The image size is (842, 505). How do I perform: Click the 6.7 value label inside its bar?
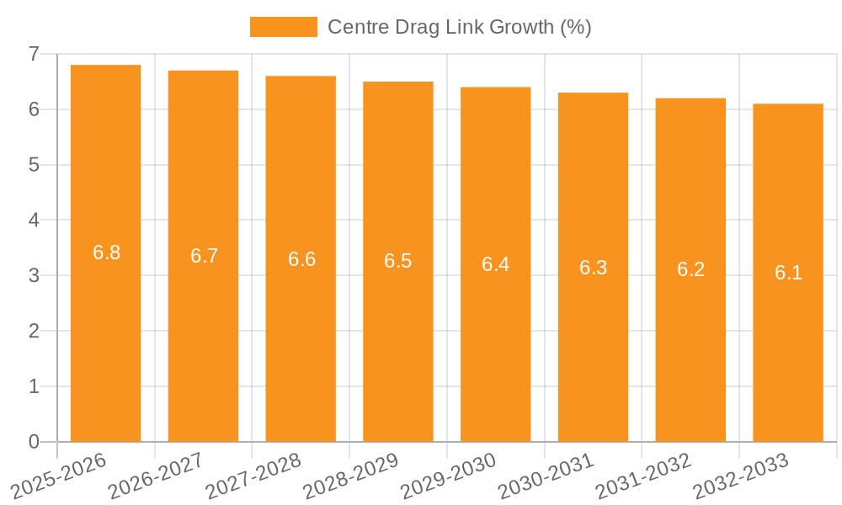pyautogui.click(x=204, y=256)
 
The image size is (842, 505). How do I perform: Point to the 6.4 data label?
pyautogui.click(x=495, y=264)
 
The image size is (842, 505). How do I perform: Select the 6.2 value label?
pyautogui.click(x=690, y=269)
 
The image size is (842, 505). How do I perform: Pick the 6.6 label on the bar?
pyautogui.click(x=301, y=259)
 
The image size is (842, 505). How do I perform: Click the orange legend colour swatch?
pyautogui.click(x=284, y=27)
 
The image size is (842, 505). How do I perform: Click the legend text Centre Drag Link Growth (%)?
pyautogui.click(x=459, y=27)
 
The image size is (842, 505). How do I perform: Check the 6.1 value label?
pyautogui.click(x=788, y=273)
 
